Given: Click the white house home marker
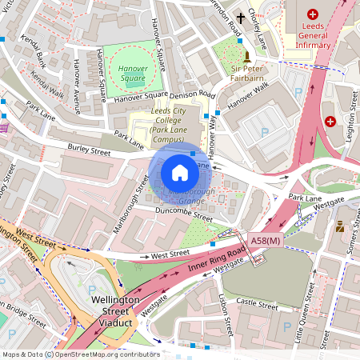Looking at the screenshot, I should point(180,172).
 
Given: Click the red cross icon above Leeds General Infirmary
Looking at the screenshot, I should point(313,14).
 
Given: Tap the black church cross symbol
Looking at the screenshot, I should point(241,17).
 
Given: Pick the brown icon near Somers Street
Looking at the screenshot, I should point(340,226).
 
